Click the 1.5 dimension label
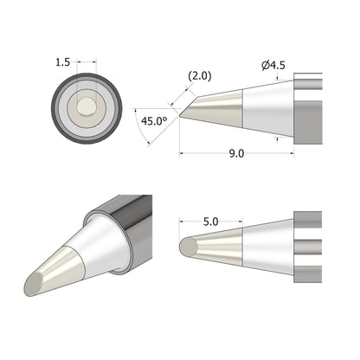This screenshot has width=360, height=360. tap(62, 63)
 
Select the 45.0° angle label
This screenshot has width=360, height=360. tap(153, 122)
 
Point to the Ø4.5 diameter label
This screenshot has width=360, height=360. tap(273, 64)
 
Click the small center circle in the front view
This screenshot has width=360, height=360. tap(87, 106)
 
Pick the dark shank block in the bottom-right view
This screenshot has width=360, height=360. tap(308, 246)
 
